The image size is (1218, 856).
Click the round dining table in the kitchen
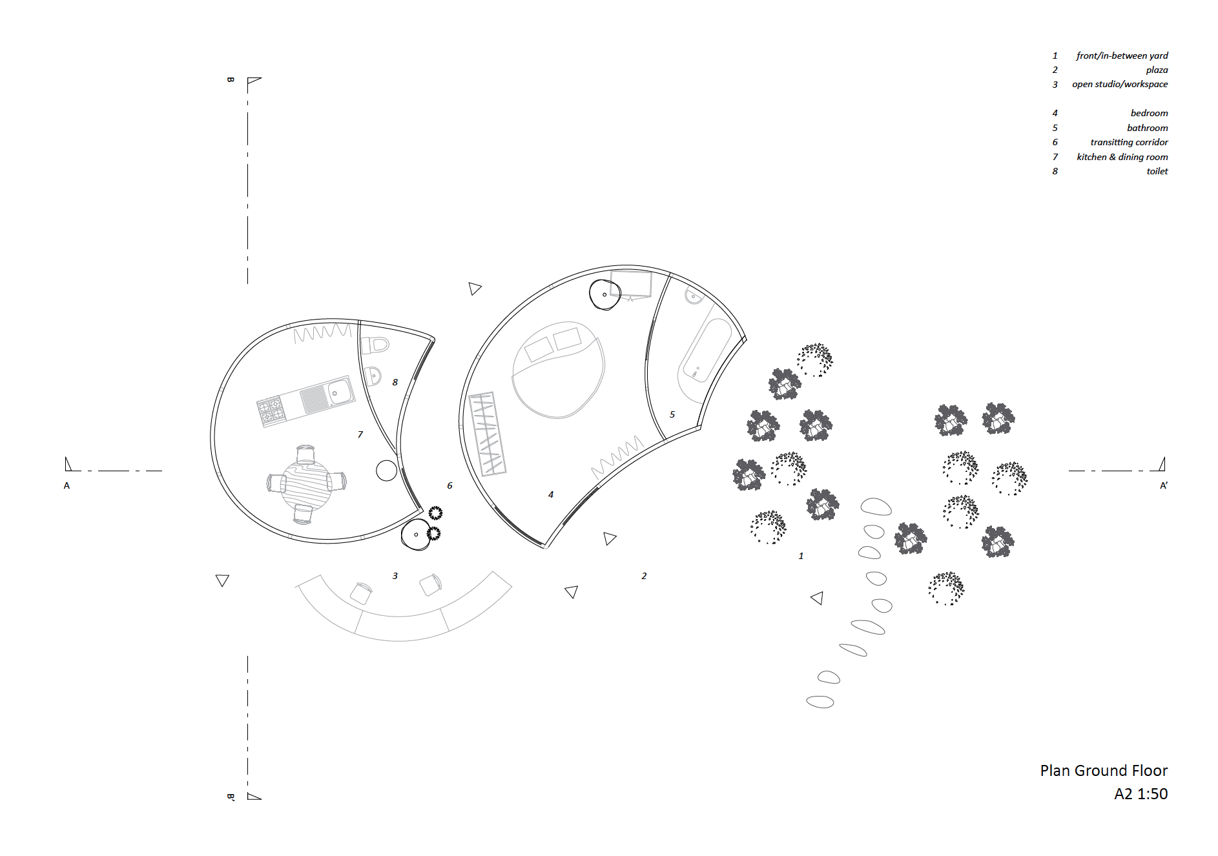pyautogui.click(x=305, y=484)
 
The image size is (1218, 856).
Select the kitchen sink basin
pyautogui.click(x=338, y=391)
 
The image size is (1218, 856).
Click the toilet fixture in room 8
pyautogui.click(x=375, y=345)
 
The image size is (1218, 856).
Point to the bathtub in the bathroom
pyautogui.click(x=705, y=351)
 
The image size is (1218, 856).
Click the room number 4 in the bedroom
pyautogui.click(x=551, y=494)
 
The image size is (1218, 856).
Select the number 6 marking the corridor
pyautogui.click(x=449, y=485)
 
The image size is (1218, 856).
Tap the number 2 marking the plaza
pyautogui.click(x=644, y=576)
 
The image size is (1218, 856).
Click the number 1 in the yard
pyautogui.click(x=801, y=556)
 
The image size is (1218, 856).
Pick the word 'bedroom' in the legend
pyautogui.click(x=1149, y=113)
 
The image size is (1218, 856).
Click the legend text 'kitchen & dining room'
pyautogui.click(x=1122, y=157)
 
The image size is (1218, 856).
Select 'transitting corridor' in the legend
pyautogui.click(x=1129, y=142)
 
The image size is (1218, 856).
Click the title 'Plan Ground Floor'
pyautogui.click(x=1104, y=771)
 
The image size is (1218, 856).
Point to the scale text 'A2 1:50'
pyautogui.click(x=1141, y=794)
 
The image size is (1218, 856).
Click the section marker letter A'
pyautogui.click(x=1164, y=485)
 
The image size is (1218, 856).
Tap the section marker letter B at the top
pyautogui.click(x=231, y=80)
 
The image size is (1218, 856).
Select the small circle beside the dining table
pyautogui.click(x=386, y=471)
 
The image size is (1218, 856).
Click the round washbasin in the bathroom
pyautogui.click(x=694, y=296)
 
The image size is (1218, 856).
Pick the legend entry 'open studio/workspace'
pyautogui.click(x=1120, y=84)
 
